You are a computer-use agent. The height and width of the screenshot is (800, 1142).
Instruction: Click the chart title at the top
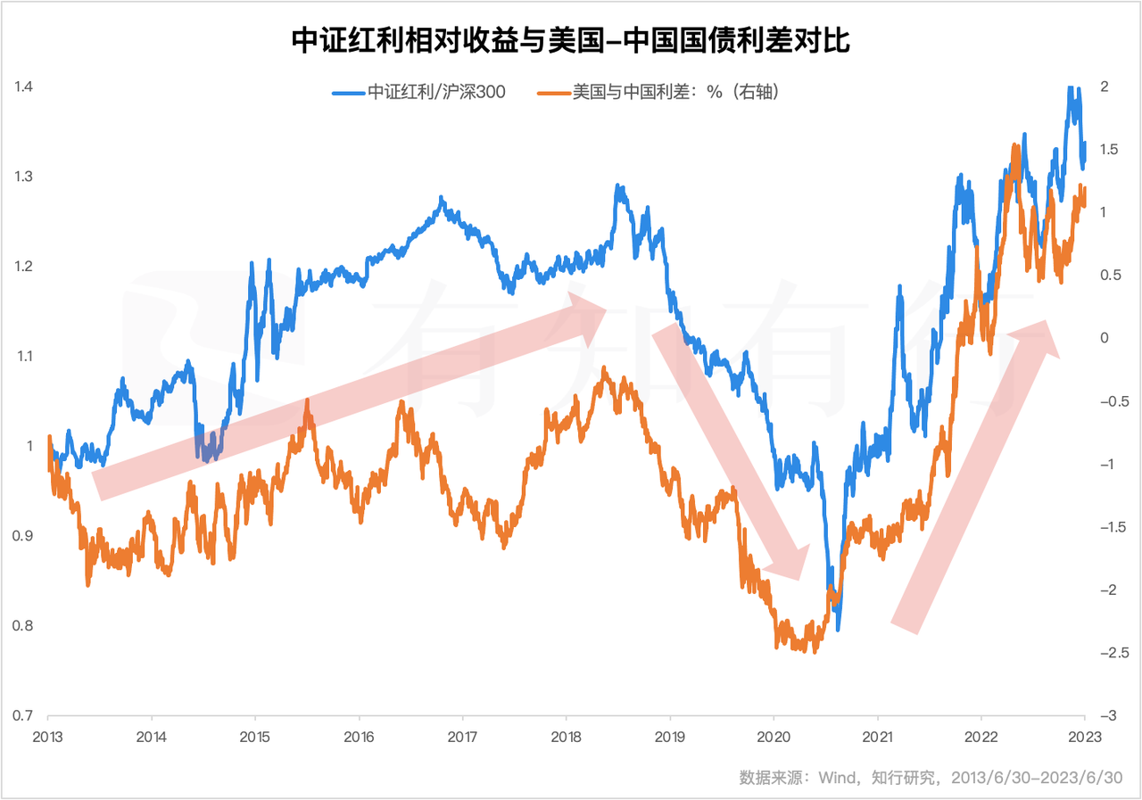click(x=571, y=40)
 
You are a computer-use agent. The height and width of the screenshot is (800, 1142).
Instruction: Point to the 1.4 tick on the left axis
click(x=23, y=87)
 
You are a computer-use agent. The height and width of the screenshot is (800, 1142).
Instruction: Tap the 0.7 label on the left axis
click(x=23, y=715)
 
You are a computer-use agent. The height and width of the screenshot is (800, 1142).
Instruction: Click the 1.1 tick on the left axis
click(x=23, y=357)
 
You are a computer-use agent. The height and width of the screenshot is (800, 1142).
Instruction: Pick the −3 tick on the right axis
click(x=1105, y=715)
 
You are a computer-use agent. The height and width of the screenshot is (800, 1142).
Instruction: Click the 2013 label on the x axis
click(x=47, y=737)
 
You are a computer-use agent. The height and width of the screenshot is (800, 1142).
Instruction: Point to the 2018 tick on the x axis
click(x=566, y=737)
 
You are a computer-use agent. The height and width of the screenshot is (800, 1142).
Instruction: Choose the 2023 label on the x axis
click(x=1084, y=737)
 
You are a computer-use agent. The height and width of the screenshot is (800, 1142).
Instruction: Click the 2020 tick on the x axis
click(x=773, y=737)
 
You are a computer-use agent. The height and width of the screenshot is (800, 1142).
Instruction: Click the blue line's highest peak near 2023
click(x=1069, y=88)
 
